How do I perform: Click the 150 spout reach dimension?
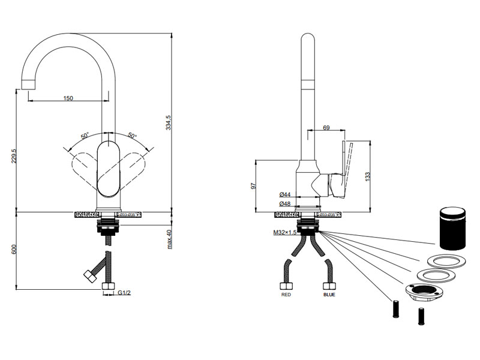(68, 98)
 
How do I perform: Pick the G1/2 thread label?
(124, 293)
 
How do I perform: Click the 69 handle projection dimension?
(326, 127)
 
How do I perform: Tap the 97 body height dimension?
(252, 186)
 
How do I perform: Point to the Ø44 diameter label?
(285, 194)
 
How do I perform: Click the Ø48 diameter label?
(285, 204)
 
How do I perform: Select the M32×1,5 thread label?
(284, 232)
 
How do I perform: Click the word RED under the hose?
(287, 295)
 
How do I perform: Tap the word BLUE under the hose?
(329, 295)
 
